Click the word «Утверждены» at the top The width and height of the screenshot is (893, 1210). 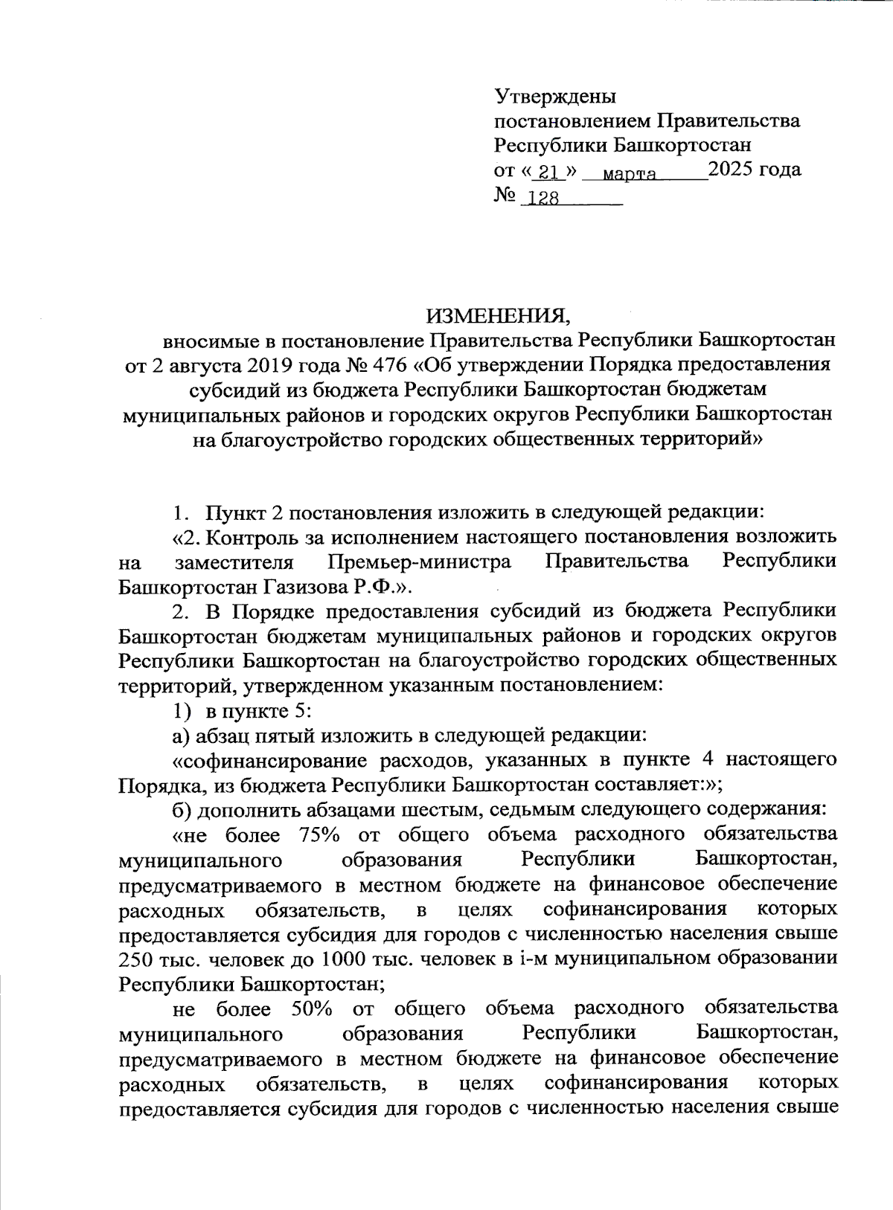(555, 97)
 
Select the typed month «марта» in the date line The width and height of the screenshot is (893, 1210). (629, 174)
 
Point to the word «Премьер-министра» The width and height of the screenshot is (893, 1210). (419, 561)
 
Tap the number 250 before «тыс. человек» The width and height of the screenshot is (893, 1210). (135, 959)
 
